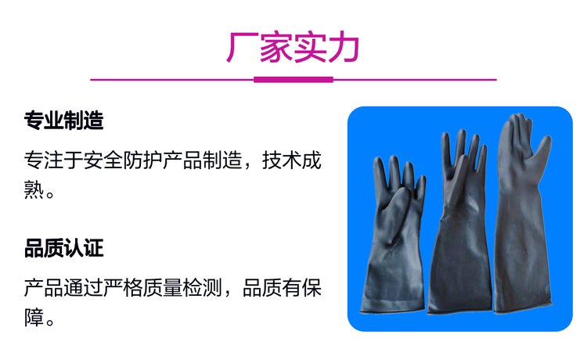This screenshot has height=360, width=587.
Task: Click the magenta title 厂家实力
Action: tap(293, 48)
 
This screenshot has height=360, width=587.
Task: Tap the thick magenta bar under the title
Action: tap(293, 79)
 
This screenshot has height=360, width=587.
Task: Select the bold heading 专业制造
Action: tap(63, 121)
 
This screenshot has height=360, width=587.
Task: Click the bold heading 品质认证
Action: tap(63, 248)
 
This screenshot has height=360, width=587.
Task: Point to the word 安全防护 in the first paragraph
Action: tap(123, 160)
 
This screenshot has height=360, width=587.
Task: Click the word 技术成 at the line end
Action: tap(292, 160)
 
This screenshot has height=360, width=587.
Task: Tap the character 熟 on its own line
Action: tap(34, 189)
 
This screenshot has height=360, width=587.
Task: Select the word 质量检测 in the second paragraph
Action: tap(182, 288)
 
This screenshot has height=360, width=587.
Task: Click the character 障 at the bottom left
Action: tap(34, 317)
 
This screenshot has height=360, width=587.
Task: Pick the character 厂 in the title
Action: tap(242, 48)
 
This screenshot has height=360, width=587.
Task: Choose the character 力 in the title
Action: tap(344, 48)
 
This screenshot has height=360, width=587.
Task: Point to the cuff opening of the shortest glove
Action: tap(392, 309)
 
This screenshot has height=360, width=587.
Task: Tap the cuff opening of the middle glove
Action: tap(459, 311)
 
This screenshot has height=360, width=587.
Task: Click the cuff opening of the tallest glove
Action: tap(523, 308)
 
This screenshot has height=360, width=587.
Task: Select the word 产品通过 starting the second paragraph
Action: tap(63, 288)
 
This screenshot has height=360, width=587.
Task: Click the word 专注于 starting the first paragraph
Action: tap(54, 160)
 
